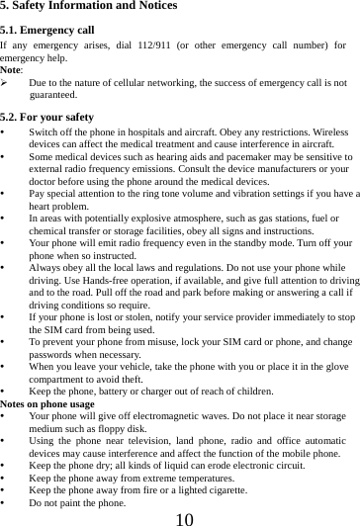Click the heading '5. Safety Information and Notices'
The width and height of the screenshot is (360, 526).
click(89, 7)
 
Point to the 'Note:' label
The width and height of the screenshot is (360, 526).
click(13, 70)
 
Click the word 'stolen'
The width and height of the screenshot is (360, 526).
click(126, 317)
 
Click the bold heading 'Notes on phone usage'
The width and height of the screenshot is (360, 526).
click(47, 405)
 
